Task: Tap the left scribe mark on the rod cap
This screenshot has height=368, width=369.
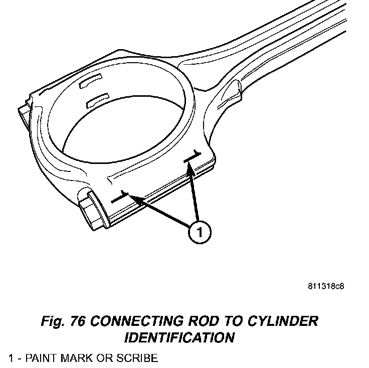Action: coord(120,197)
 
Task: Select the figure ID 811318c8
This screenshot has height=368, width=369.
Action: coord(326,287)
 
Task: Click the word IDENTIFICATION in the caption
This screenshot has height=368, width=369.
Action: coord(179,338)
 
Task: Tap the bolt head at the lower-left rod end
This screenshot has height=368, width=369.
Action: coord(92,211)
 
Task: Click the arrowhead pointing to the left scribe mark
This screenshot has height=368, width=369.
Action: coord(135,199)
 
